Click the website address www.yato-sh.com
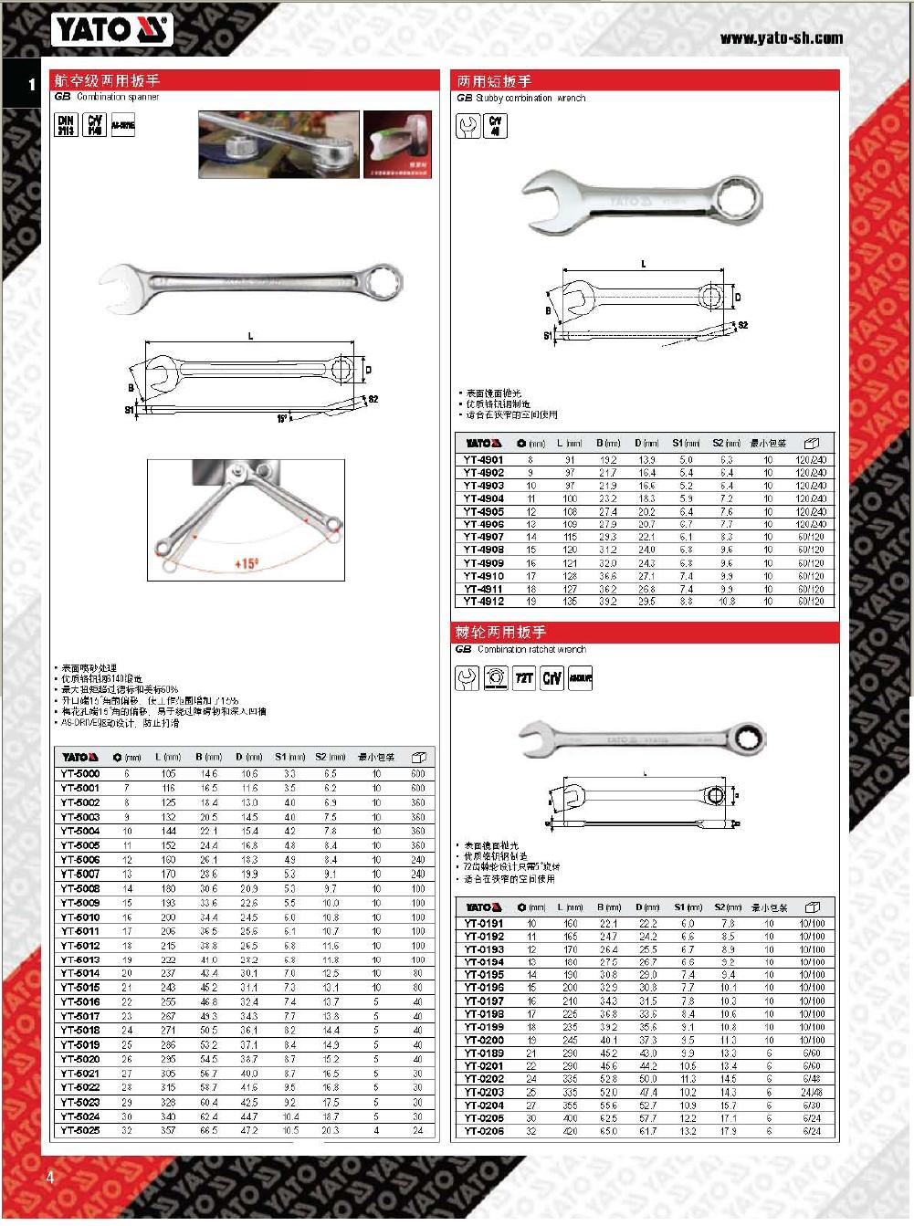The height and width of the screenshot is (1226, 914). point(781,38)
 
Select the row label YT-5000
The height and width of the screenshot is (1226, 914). point(80,774)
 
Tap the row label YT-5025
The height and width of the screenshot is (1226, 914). point(80,1130)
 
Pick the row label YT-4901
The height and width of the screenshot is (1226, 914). point(483,460)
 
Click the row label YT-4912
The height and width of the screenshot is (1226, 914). point(483,602)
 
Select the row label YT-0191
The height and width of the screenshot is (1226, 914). point(484,924)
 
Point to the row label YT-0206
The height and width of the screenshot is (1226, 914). point(484,1131)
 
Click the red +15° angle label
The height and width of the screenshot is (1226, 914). point(247,564)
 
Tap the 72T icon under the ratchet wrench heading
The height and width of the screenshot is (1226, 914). point(523,679)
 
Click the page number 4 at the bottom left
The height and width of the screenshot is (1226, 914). point(50,1178)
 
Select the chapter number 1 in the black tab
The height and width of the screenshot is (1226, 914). point(32,85)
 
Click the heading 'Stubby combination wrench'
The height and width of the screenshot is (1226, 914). point(531,98)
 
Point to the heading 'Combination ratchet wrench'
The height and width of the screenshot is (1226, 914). point(531,650)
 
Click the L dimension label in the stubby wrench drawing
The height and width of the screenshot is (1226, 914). point(644,265)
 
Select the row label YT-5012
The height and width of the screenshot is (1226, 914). point(80,946)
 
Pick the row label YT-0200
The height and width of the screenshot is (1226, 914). point(484,1040)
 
